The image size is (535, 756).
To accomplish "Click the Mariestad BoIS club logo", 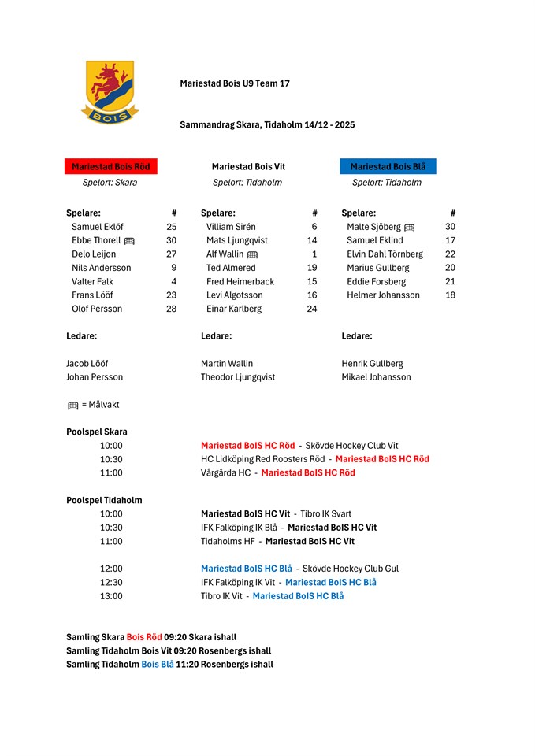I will [110, 93].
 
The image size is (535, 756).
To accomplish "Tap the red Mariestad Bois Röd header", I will [111, 167].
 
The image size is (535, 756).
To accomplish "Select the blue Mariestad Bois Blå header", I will [388, 167].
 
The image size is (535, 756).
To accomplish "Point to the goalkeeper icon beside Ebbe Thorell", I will [130, 241].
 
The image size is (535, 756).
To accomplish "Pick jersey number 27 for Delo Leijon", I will [171, 254].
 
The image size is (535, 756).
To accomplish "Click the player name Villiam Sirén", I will [231, 227].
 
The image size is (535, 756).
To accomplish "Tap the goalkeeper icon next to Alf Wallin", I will [252, 255].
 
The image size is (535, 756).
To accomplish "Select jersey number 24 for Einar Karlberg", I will [312, 309].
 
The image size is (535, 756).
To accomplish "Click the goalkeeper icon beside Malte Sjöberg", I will [409, 228].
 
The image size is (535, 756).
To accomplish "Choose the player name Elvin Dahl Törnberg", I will [385, 254].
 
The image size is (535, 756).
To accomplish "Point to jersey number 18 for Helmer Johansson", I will [450, 295].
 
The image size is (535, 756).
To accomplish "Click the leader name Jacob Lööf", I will [87, 364].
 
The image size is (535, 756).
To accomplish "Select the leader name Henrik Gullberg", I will [372, 364].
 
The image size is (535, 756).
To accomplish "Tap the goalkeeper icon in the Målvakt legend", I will [73, 406].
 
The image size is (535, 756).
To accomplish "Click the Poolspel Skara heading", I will [97, 432].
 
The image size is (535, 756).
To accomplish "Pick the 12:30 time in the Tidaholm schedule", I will [111, 582].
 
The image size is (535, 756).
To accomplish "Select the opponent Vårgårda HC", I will [225, 472].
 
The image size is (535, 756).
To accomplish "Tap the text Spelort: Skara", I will [110, 183].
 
